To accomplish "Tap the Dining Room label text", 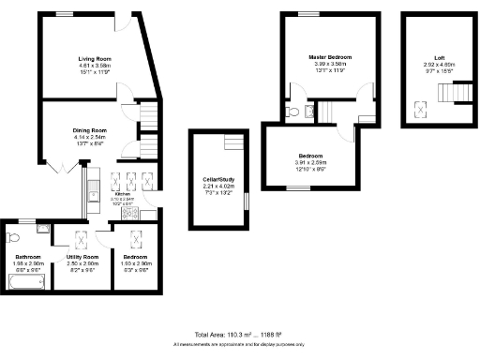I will tap(91, 130).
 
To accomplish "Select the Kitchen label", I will tap(124, 194).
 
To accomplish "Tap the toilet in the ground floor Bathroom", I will tap(13, 236).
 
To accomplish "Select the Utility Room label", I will tap(82, 257).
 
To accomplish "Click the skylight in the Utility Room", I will tap(81, 238).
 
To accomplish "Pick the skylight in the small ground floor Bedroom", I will tap(137, 238).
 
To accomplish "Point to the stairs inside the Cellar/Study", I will tap(231, 142).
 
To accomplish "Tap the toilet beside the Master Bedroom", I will tap(294, 111).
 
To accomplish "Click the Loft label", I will tap(427, 56).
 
